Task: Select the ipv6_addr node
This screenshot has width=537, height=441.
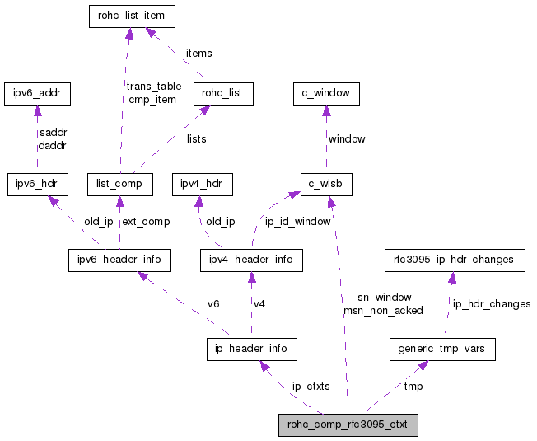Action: pos(37,93)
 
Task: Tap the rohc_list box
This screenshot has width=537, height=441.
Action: pos(222,93)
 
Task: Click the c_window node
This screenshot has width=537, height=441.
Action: pos(326,93)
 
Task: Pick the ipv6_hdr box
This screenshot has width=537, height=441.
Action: pos(37,184)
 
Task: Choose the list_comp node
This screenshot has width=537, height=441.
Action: pos(119,184)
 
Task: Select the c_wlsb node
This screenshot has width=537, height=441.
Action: pos(326,184)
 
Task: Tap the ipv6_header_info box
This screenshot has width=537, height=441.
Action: pos(119,260)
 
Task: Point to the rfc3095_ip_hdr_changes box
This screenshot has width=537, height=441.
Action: pos(455,260)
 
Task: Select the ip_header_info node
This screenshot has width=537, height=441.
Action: pos(251,349)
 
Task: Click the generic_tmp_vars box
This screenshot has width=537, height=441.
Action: pos(442,349)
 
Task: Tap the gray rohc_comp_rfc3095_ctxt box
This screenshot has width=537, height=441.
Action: pos(348,425)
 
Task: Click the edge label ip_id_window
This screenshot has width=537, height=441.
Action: pos(298,222)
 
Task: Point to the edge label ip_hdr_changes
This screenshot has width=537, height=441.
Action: pos(490,304)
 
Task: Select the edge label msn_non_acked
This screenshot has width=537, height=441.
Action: pos(383,311)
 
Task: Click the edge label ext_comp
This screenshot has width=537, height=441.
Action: pos(147,222)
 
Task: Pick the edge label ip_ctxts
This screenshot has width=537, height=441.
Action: pos(311,387)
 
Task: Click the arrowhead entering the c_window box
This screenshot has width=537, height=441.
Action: pos(326,110)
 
